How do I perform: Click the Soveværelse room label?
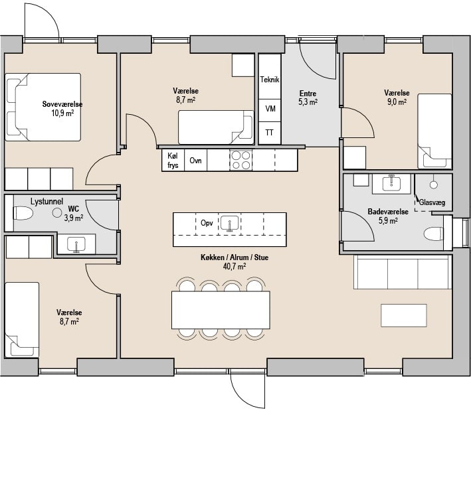point(62,104)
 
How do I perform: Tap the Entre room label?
point(308,94)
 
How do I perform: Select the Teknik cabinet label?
point(270,79)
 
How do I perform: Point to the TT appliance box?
point(270,133)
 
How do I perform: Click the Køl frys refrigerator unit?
point(173,160)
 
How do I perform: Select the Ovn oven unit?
point(195,160)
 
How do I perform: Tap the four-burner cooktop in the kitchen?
point(241,160)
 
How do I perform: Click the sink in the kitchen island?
point(230,223)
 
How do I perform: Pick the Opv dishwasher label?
point(207,222)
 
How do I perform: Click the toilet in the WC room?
point(23,213)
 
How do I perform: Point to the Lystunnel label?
point(47,202)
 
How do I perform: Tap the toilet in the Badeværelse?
point(433,234)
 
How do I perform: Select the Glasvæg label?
point(432,202)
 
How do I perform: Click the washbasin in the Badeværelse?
point(391,184)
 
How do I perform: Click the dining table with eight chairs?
point(221,310)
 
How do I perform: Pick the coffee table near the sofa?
point(404,315)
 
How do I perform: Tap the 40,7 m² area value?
point(235,266)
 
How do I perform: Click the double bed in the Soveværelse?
point(43,107)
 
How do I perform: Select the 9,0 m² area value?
point(397,102)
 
